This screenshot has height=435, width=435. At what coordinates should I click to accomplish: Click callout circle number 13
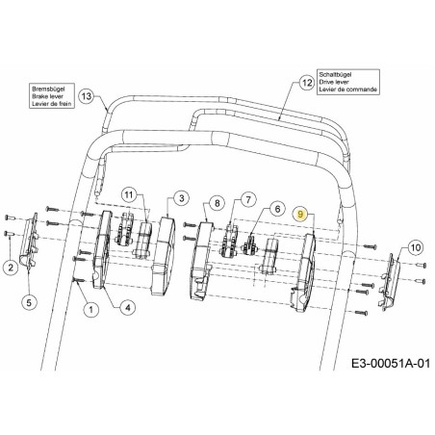[87, 96]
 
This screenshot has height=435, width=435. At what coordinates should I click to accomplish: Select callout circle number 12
[307, 83]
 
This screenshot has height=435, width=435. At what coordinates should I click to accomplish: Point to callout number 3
[180, 199]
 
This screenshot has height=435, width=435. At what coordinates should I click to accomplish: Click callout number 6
[275, 208]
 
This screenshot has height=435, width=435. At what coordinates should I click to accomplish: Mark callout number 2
[10, 267]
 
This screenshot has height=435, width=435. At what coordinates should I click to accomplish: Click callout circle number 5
[29, 303]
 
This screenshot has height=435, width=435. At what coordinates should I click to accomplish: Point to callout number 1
[90, 309]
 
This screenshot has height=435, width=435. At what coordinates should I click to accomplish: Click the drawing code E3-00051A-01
[379, 365]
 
